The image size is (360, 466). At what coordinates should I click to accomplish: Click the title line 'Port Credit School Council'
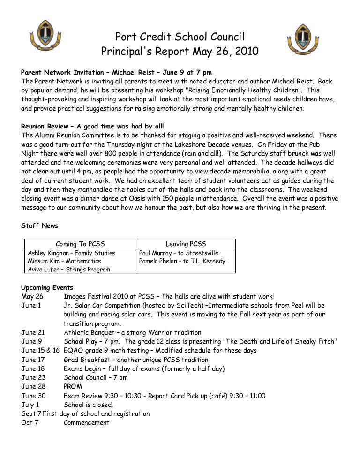(x=180, y=37)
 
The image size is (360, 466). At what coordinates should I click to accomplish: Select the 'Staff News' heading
(x=39, y=226)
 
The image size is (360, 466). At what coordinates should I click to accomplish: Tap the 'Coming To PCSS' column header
(x=80, y=244)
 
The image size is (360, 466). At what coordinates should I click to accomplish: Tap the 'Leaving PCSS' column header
(x=186, y=244)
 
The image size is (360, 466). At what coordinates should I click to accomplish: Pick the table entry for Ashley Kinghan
(x=71, y=253)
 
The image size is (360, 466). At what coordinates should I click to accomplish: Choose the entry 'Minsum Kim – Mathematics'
(x=64, y=261)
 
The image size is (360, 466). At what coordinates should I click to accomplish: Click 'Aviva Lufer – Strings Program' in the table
(x=69, y=270)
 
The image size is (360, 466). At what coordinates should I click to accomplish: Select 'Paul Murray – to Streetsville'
(x=179, y=253)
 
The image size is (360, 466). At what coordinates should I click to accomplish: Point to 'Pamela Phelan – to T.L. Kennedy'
(x=182, y=261)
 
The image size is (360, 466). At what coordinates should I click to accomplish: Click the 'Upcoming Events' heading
(x=47, y=287)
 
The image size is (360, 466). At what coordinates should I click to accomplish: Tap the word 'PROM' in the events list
(x=73, y=386)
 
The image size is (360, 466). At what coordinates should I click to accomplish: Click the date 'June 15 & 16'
(x=40, y=351)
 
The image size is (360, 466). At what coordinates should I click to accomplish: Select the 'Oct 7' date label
(x=29, y=422)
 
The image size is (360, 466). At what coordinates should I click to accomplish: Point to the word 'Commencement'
(x=86, y=422)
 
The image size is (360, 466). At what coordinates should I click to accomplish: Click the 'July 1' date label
(x=30, y=405)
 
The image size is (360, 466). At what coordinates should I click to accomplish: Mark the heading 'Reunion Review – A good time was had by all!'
(x=93, y=127)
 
